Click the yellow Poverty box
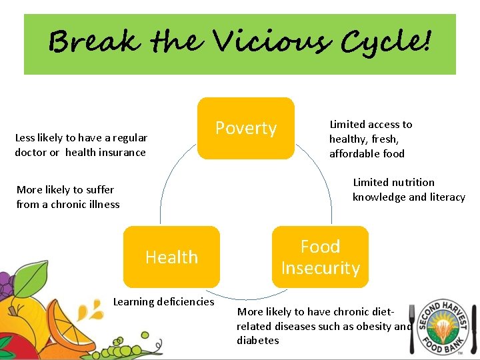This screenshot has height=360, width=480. (245, 129)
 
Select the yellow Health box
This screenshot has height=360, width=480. (171, 257)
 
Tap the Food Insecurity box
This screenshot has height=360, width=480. (320, 257)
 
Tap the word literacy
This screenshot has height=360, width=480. (445, 197)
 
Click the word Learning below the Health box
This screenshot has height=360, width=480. (134, 302)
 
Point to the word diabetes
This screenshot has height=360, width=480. (258, 341)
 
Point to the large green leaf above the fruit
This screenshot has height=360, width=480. (30, 279)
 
